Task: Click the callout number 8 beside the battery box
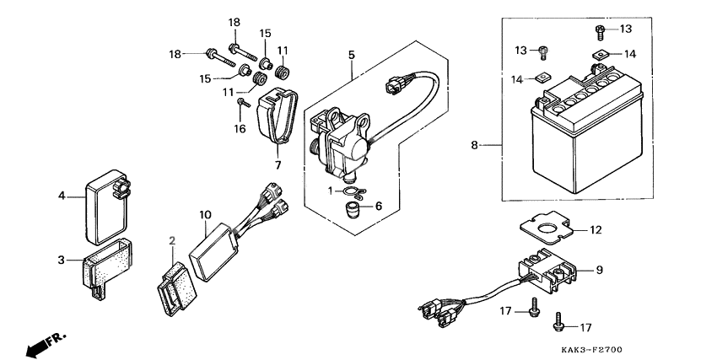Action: [x=474, y=145]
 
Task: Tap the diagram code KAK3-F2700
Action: [x=591, y=350]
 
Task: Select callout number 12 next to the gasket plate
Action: [x=596, y=230]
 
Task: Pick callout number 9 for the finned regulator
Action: [x=600, y=270]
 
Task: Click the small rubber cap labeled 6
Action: [x=351, y=211]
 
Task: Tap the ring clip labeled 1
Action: [x=355, y=192]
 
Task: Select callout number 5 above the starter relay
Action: [x=351, y=55]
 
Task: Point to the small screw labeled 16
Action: [x=243, y=103]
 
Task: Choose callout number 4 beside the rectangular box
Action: [x=62, y=196]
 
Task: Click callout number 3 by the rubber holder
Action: [x=62, y=261]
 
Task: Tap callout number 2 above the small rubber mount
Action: [x=172, y=241]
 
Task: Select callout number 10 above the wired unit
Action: [x=205, y=214]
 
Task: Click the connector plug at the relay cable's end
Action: [x=393, y=85]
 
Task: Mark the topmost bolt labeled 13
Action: [x=601, y=31]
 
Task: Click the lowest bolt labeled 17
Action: [x=558, y=321]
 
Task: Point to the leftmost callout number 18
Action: [x=175, y=54]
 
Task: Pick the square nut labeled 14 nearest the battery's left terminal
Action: [x=542, y=78]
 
